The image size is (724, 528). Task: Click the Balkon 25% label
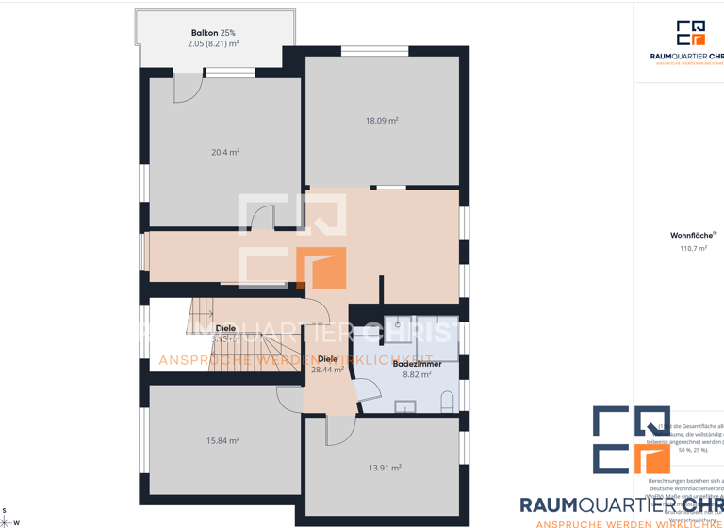coord(213,33)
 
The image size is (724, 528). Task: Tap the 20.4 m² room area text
coord(225,152)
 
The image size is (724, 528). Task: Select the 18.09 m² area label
coord(382,121)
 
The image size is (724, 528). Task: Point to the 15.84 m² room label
coord(222,440)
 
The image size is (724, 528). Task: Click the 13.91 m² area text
coord(385,467)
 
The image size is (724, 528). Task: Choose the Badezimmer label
coord(417,363)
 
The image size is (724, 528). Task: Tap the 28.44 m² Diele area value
coord(327,371)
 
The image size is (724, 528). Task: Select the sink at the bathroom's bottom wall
coord(405,407)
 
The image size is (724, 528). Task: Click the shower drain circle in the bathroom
coord(397,325)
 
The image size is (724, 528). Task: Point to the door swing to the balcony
coord(188,90)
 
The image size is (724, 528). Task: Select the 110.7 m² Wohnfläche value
coord(693,249)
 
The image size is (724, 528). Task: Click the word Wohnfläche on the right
coord(692,236)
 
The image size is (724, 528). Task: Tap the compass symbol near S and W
coord(5,521)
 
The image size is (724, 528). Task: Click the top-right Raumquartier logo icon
coord(691,33)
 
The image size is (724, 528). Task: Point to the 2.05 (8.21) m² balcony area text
coord(213,44)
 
